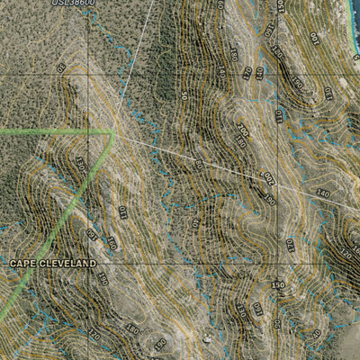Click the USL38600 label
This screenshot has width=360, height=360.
coord(72,4)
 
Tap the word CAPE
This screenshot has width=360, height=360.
coord(26,264)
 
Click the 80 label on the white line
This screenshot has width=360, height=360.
coord(199,166)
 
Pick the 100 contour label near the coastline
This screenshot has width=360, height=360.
coord(314,38)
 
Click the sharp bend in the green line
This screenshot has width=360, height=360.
coord(112,131)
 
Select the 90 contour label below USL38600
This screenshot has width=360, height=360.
coord(61,67)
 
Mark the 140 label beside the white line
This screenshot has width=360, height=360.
coord(323,193)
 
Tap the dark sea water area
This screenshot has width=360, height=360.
coord(356,5)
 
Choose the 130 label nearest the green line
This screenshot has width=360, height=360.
coord(79,164)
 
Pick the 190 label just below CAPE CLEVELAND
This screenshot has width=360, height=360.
coord(102,279)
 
